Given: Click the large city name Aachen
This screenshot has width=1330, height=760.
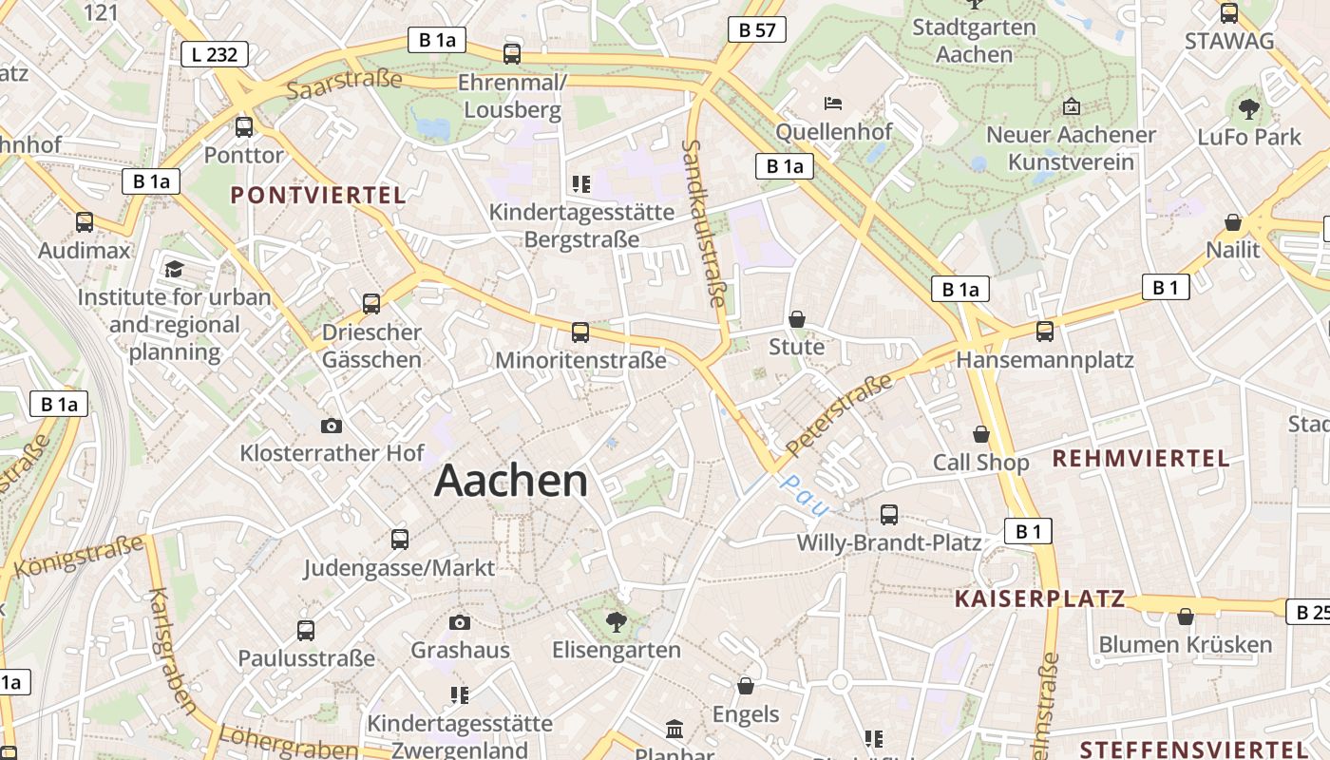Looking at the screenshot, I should pyautogui.click(x=511, y=482).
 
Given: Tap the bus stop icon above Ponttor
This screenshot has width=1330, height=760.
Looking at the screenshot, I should pyautogui.click(x=244, y=126).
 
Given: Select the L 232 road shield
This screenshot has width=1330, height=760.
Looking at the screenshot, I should pyautogui.click(x=215, y=54).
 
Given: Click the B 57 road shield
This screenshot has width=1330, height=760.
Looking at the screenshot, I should pyautogui.click(x=757, y=29).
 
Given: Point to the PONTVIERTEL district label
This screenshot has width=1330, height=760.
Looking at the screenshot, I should pyautogui.click(x=318, y=196).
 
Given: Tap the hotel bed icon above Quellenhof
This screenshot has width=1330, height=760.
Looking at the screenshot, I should pyautogui.click(x=833, y=103).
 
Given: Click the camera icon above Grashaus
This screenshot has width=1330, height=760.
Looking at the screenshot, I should pyautogui.click(x=460, y=622).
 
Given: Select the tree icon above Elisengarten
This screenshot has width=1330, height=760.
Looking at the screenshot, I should pyautogui.click(x=616, y=622).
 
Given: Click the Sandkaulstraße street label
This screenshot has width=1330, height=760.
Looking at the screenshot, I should pyautogui.click(x=704, y=224).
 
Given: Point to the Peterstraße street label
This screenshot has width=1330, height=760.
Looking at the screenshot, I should pyautogui.click(x=840, y=414).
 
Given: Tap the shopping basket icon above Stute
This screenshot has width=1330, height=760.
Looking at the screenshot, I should pyautogui.click(x=797, y=319).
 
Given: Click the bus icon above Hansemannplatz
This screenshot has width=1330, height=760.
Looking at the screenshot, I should pyautogui.click(x=1045, y=331).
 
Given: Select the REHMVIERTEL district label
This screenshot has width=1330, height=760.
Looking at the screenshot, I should pyautogui.click(x=1140, y=459).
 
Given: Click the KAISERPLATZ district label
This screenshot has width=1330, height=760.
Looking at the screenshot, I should pyautogui.click(x=1039, y=598).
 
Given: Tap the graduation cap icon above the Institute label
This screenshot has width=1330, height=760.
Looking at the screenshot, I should pyautogui.click(x=174, y=270).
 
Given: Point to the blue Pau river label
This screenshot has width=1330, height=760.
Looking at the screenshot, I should pyautogui.click(x=803, y=494).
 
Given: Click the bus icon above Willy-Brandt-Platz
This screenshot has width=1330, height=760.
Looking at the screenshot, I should pyautogui.click(x=889, y=515).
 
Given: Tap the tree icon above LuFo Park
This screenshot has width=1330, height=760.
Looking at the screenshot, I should pyautogui.click(x=1249, y=108).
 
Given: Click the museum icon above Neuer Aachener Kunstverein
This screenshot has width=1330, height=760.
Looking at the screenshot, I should pyautogui.click(x=1072, y=106).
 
